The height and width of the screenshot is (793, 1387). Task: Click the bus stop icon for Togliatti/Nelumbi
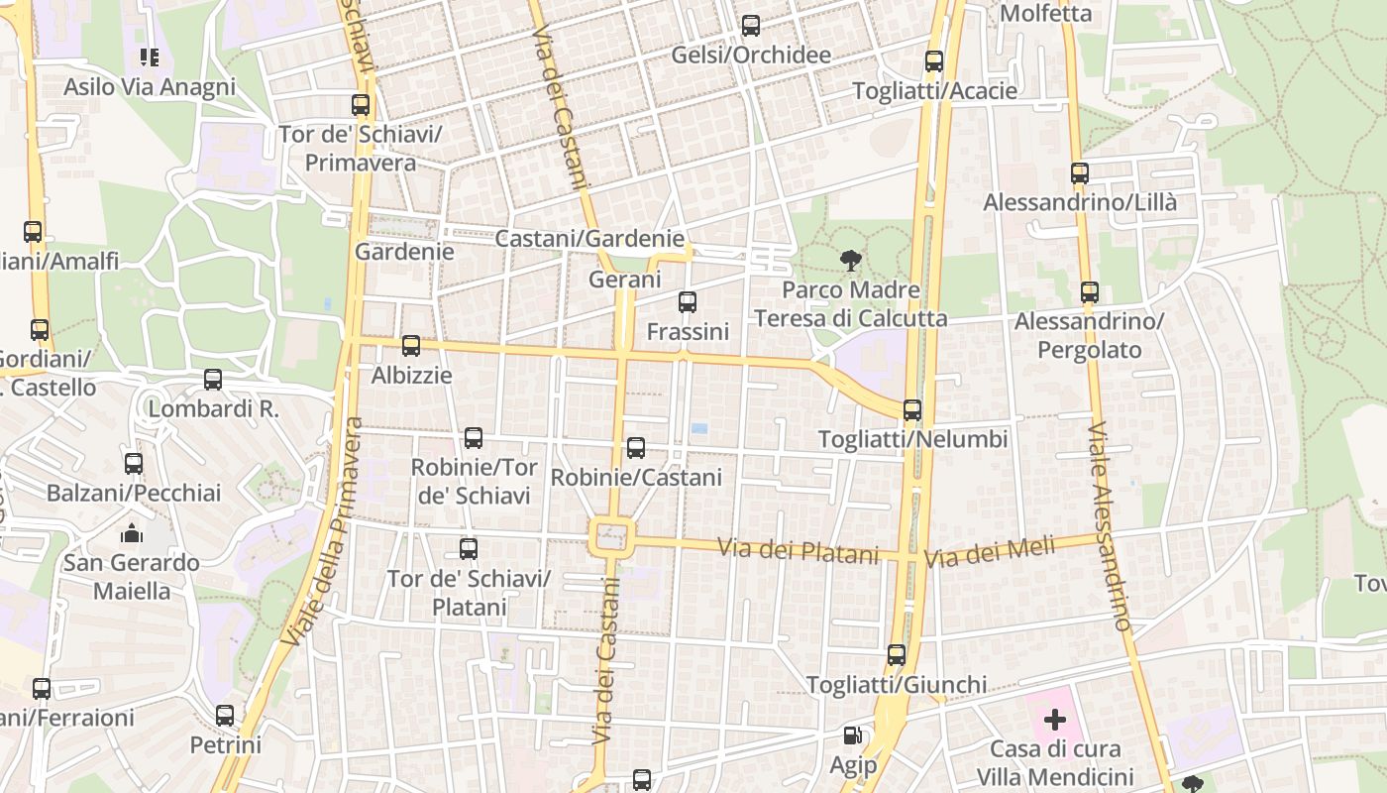click(912, 409)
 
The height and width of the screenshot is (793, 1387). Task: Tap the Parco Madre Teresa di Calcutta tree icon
click(850, 262)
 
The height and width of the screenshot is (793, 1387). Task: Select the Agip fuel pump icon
click(852, 736)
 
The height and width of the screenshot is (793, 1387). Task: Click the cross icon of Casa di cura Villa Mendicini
click(1055, 719)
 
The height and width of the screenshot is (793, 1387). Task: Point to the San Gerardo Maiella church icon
click(132, 534)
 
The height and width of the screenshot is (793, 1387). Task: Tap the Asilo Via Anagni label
click(150, 86)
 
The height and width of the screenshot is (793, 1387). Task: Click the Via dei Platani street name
click(798, 549)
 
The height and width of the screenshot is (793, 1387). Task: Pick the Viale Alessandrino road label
click(1109, 526)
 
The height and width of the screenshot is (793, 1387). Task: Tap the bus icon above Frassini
click(687, 301)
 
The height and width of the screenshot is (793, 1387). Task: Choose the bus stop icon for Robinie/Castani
click(636, 447)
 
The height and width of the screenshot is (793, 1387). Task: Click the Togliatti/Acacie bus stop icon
click(933, 60)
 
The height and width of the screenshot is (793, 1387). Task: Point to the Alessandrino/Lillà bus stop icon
click(1080, 172)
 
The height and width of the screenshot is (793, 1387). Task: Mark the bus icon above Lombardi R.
click(212, 379)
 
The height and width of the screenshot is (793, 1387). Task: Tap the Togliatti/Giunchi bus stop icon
click(896, 654)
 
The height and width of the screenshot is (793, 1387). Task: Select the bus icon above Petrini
click(225, 715)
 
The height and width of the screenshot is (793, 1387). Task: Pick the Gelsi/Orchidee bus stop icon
click(750, 25)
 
